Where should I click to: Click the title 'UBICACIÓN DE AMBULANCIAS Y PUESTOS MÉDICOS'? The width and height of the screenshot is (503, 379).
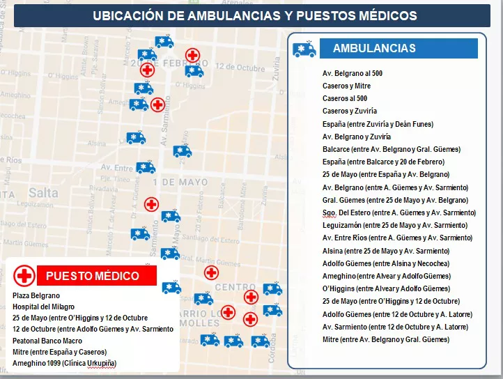(x=255, y=15)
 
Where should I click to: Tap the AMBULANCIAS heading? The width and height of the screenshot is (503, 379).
(x=374, y=48)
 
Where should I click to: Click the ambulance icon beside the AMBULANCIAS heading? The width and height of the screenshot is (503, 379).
(x=304, y=49)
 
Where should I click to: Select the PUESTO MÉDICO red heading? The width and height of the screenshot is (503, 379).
(x=93, y=276)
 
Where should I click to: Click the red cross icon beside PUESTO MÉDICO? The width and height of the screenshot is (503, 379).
(x=25, y=276)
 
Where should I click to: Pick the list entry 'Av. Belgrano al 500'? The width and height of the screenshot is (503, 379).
(x=353, y=73)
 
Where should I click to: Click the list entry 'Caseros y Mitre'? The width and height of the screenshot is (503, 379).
(x=347, y=86)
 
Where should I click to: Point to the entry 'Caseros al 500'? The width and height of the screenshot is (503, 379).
(x=345, y=98)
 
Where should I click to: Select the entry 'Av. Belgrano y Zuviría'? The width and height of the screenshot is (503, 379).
(x=357, y=137)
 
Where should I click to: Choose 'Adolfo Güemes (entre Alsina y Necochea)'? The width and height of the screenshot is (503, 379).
(x=386, y=263)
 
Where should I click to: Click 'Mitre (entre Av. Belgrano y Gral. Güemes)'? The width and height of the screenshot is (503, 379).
(x=386, y=339)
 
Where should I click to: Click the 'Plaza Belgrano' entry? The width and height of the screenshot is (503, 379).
(x=36, y=295)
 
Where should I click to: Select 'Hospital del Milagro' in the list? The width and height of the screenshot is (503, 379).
(x=43, y=307)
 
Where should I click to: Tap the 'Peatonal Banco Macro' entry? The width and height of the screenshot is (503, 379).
(x=47, y=341)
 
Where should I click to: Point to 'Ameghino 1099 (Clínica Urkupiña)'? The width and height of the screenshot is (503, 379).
(x=65, y=363)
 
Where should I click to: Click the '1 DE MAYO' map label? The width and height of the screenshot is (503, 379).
(x=180, y=183)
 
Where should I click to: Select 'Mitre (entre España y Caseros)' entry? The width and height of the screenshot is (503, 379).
(x=60, y=352)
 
